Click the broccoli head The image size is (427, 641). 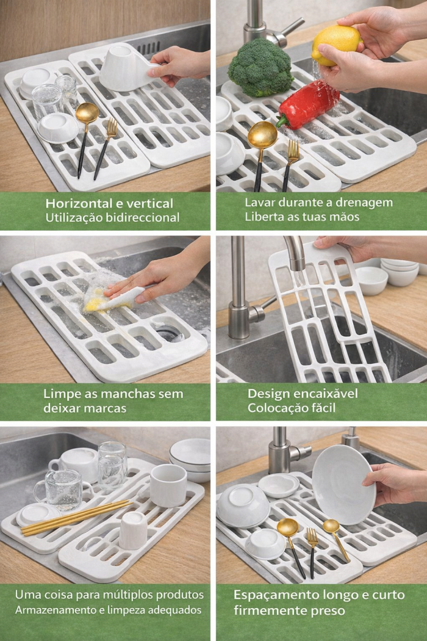pos(260,67)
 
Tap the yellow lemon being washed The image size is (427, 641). pos(336,45)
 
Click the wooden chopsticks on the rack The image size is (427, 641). pos(76,518)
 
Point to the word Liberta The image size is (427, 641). pos(261,217)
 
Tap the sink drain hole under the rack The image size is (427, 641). pos(169,332)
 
